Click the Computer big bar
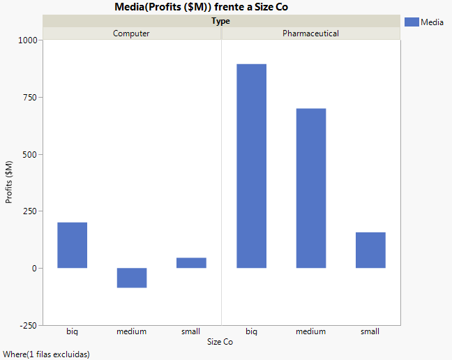72,245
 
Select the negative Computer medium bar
131,278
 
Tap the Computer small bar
191,263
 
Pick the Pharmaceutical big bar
251,166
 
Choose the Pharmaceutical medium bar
310,188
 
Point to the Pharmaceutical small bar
370,250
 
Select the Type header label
221,21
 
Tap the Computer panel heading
131,33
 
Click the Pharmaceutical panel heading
310,33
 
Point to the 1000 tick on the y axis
27,40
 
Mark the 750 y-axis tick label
29,98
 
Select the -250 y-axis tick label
28,325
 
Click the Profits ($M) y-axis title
9,182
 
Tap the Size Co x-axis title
220,342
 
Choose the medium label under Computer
131,331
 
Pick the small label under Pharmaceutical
370,331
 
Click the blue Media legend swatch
412,22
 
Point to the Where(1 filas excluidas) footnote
46,354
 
